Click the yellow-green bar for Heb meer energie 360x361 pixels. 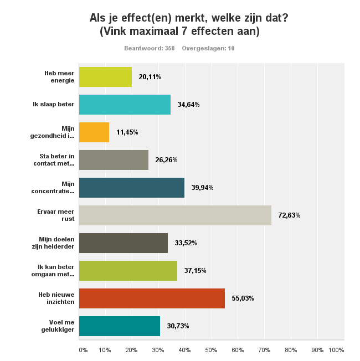(x=105, y=77)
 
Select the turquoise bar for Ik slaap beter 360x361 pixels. (x=125, y=105)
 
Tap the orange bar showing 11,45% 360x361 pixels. (x=94, y=132)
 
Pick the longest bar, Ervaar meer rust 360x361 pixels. (x=175, y=215)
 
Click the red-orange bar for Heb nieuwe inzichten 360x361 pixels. (x=152, y=298)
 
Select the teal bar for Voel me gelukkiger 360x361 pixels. (x=120, y=326)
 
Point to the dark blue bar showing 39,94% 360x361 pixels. (x=132, y=188)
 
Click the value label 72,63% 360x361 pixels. (x=290, y=215)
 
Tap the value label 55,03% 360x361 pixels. (x=243, y=298)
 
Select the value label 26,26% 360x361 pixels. (x=167, y=160)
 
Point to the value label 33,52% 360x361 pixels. (x=186, y=243)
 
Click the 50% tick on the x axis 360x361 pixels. (x=212, y=350)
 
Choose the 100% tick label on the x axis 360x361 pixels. (x=336, y=350)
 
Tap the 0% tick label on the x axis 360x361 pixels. (x=83, y=350)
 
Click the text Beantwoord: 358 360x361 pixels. (x=150, y=48)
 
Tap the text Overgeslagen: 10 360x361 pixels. (x=208, y=48)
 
